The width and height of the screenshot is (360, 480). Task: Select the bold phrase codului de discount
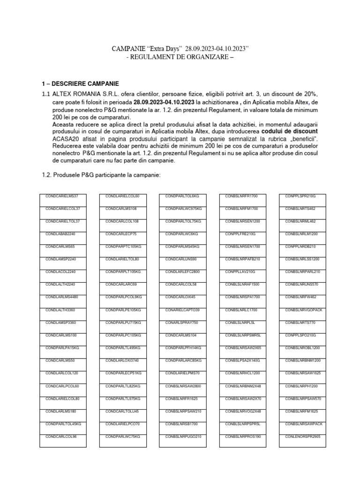[x=289, y=132]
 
